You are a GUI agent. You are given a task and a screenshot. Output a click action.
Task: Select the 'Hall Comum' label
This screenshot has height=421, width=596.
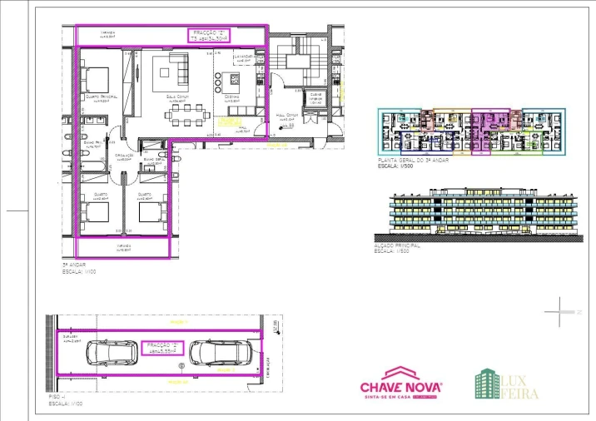(x=288, y=118)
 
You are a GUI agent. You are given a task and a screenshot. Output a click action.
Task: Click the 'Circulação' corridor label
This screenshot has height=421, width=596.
(x=125, y=155)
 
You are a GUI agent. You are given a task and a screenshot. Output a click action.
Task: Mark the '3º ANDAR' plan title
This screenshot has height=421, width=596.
(x=73, y=266)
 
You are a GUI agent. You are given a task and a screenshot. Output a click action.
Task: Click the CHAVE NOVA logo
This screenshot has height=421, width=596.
(x=400, y=388)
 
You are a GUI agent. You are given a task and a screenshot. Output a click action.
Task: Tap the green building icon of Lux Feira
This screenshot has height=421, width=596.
(x=487, y=384)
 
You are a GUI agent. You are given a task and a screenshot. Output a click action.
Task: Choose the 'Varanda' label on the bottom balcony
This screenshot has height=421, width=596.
(x=124, y=245)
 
